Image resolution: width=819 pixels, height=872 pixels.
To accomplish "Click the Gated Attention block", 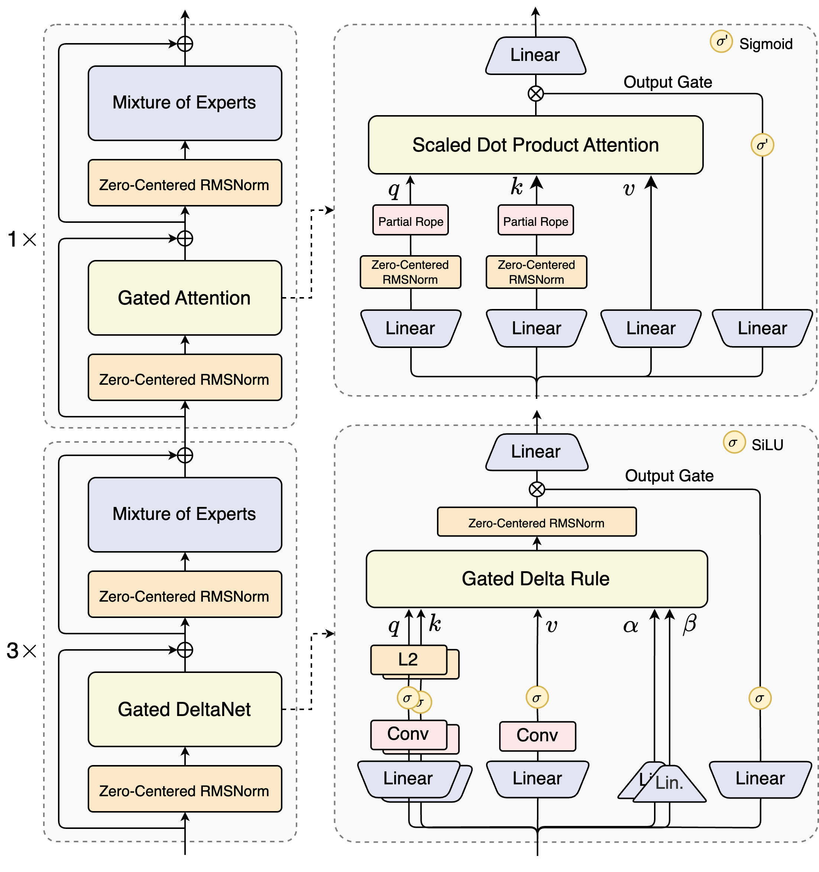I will point(184,298).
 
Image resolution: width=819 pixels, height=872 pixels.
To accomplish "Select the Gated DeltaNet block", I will point(184,709).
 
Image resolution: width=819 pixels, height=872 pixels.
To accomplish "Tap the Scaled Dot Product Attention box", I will point(535,145).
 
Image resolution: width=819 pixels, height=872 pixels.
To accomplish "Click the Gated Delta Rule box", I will point(536,579).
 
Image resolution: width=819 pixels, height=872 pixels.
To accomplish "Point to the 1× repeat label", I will point(22,240).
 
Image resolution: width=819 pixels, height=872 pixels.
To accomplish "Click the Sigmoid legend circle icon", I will point(721,42).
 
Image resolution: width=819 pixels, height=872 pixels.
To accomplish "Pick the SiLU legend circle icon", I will point(734,442).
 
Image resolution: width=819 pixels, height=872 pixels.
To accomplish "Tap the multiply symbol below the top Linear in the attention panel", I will point(535,94).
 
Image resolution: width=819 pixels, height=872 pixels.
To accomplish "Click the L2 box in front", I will point(408,659).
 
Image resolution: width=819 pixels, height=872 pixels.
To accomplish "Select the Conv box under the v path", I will point(537,736).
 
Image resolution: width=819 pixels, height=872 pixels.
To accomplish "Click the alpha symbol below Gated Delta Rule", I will point(630,625).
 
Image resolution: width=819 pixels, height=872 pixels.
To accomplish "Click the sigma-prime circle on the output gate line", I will point(762,145).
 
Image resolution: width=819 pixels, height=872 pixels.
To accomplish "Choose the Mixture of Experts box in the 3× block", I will point(184,514).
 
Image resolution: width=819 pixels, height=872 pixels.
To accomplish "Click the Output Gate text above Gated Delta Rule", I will point(669,476).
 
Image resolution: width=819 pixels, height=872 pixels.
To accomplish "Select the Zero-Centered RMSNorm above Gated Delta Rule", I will point(536,522).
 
